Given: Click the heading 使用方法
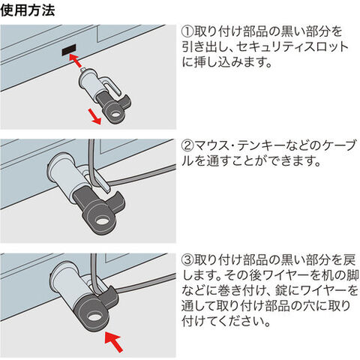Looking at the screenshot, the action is tap(28, 10).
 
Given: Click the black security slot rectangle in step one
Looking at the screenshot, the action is tap(69, 49).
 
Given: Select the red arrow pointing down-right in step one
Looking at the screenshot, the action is tap(94, 118).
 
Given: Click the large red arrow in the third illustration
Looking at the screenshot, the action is tap(114, 340).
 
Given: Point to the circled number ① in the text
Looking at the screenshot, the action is tap(187, 31).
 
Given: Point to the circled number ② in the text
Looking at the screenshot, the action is tap(187, 145).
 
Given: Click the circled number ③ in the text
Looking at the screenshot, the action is tap(187, 259).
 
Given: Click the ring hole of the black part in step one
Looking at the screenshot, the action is tap(115, 115).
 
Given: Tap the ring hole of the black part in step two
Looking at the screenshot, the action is tap(101, 221).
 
